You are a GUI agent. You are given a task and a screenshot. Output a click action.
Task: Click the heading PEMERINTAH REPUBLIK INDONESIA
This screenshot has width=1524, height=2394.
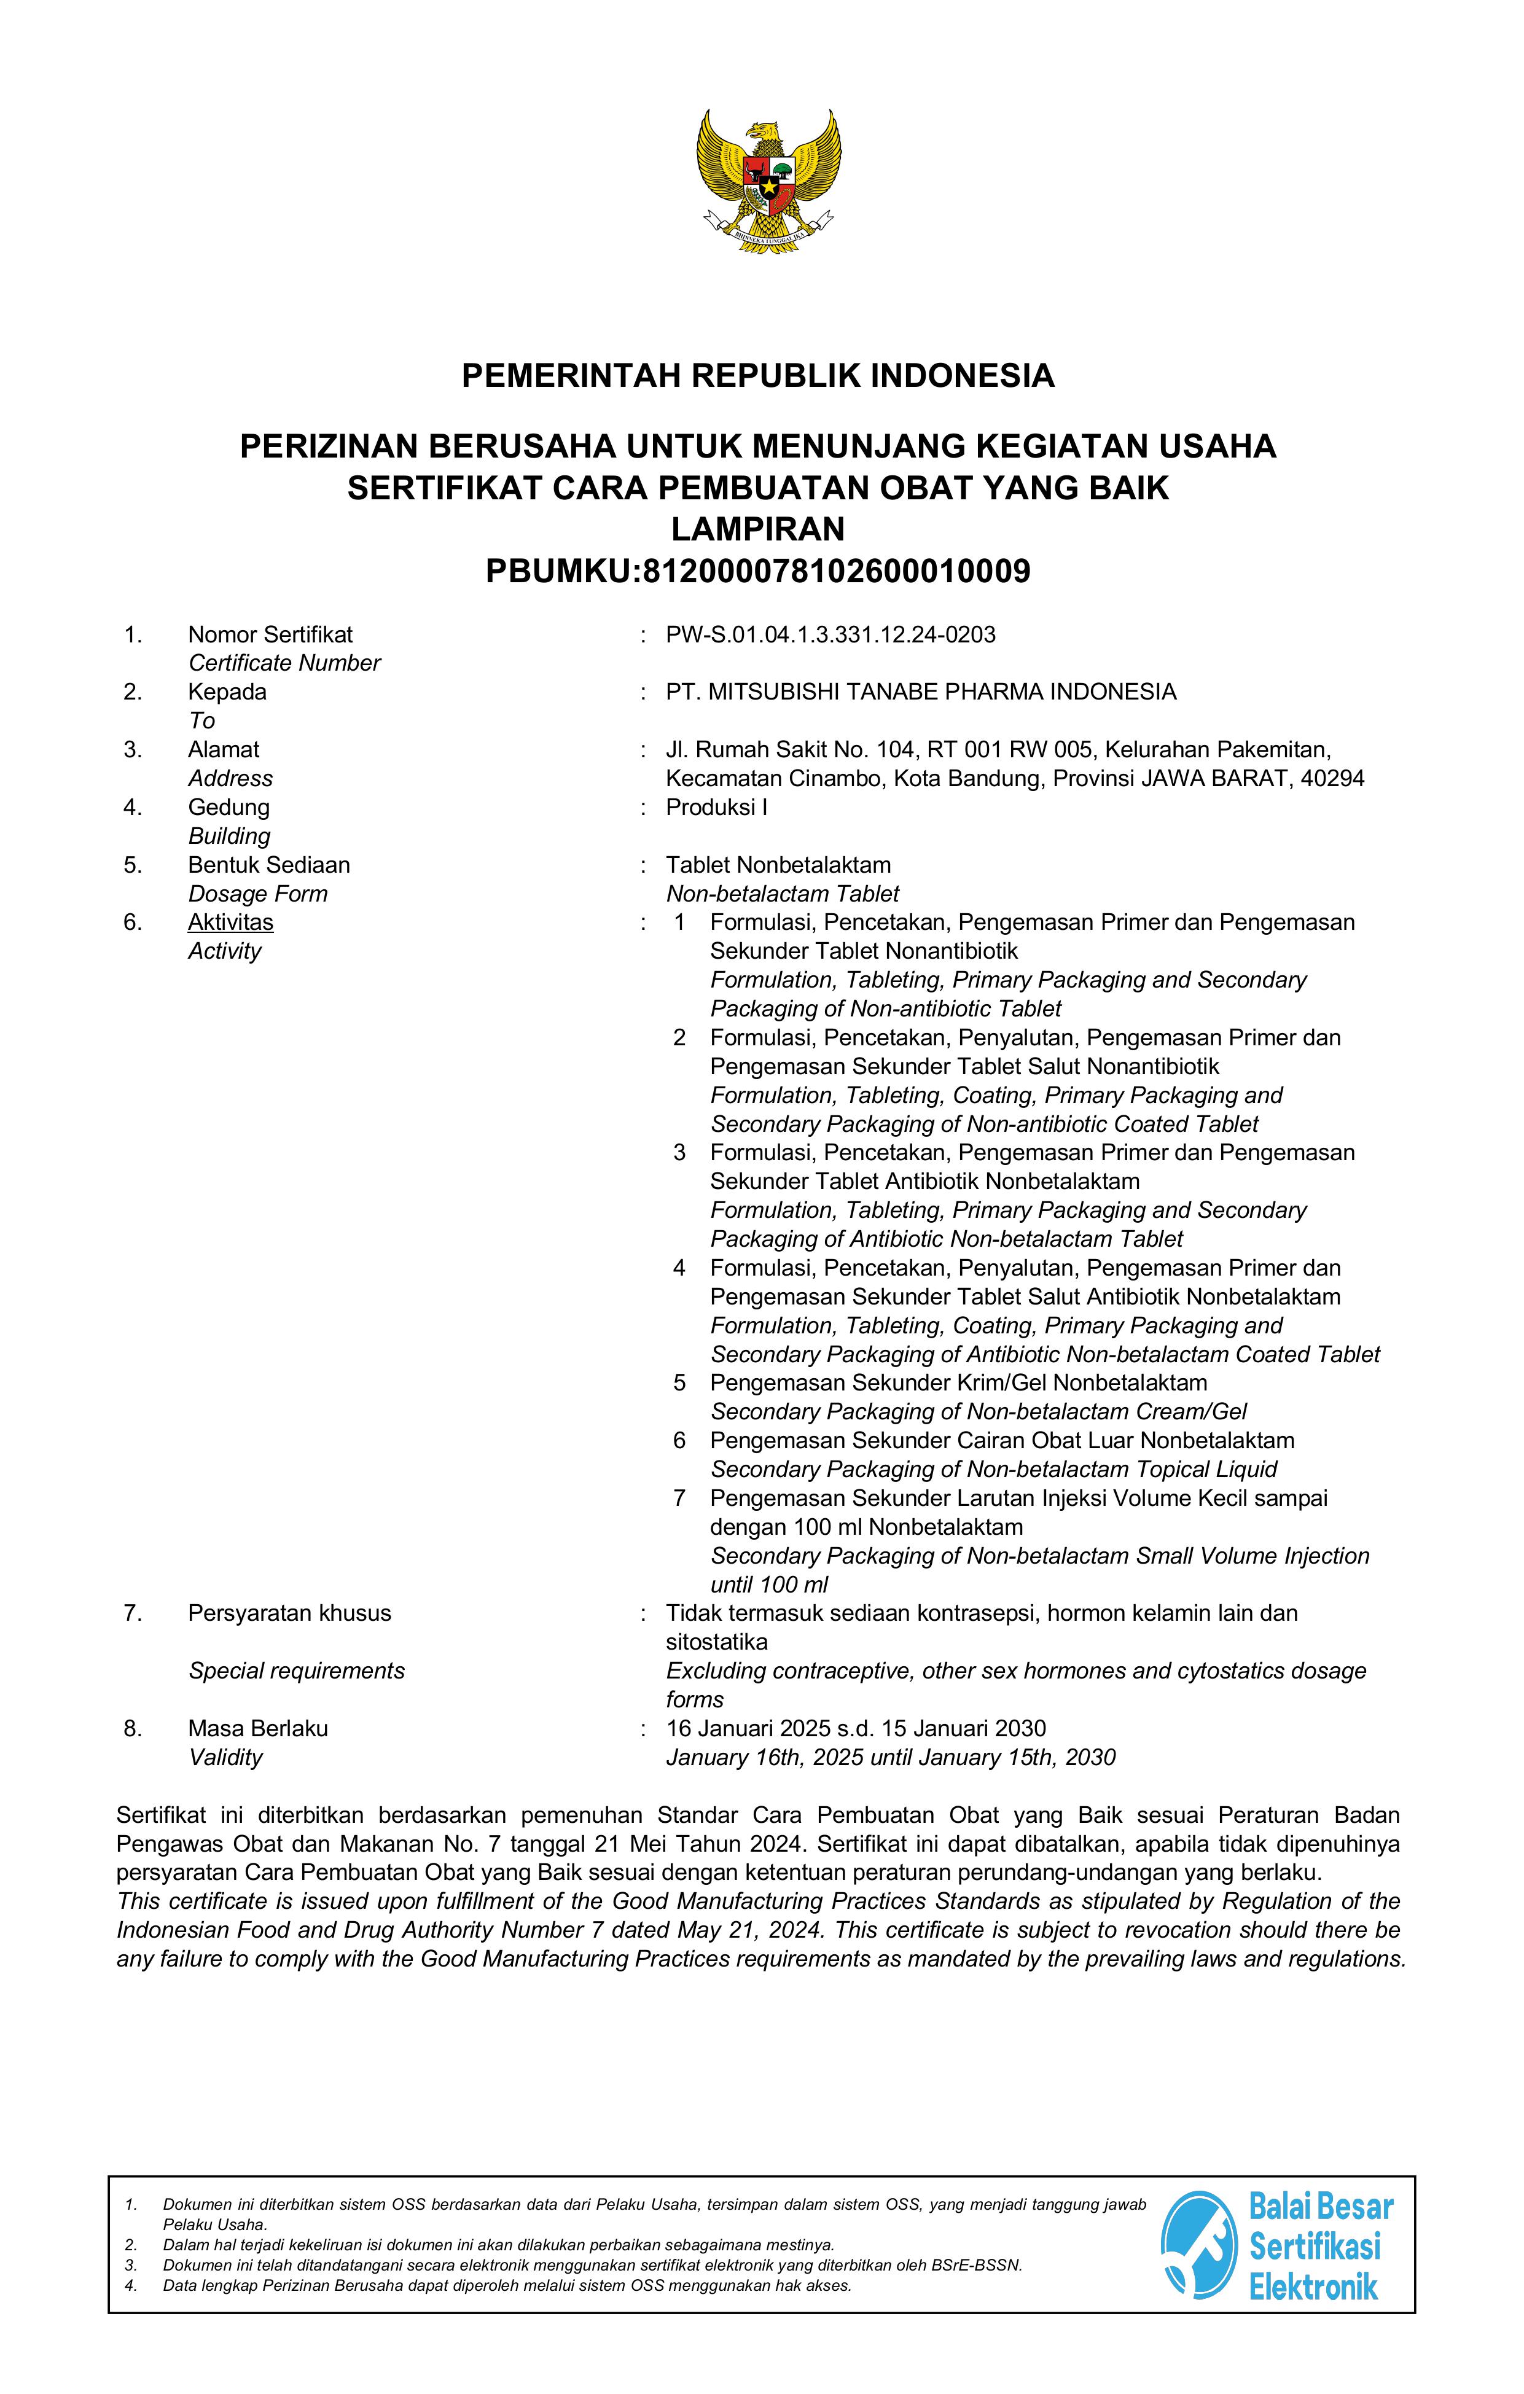(x=757, y=376)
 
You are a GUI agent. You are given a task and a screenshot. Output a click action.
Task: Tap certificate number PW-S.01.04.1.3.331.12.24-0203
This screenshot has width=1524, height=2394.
(x=830, y=634)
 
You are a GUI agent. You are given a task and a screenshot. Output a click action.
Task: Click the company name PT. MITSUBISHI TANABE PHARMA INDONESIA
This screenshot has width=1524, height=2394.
(x=921, y=692)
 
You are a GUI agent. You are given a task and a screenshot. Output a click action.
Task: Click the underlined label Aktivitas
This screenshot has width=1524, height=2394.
(x=230, y=922)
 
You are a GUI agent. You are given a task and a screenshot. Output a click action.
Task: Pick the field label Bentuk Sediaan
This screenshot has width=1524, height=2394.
(x=268, y=865)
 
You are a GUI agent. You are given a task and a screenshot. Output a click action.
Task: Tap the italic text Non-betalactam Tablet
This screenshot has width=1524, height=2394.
(x=783, y=894)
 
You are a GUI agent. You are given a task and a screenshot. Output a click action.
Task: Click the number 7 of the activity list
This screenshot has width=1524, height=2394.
(x=680, y=1498)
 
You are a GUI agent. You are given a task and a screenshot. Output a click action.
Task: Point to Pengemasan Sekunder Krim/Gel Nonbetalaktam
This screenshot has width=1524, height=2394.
(x=958, y=1383)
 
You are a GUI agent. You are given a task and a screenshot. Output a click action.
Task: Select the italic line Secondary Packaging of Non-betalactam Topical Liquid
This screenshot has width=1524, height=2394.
(x=993, y=1470)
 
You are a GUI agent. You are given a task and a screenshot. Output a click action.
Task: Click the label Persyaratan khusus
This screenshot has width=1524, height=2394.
(x=289, y=1613)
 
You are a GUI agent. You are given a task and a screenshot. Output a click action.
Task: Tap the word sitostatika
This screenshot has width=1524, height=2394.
(x=716, y=1642)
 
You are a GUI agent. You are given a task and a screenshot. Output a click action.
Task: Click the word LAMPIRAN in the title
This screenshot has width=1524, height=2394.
(x=757, y=529)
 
